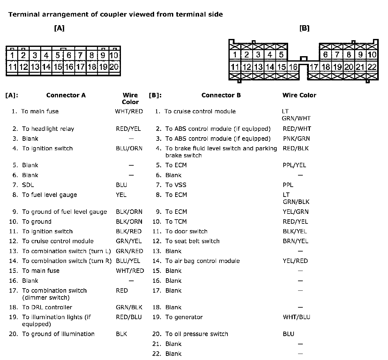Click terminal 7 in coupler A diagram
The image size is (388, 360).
pos(80,56)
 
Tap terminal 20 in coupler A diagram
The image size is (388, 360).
pos(114,67)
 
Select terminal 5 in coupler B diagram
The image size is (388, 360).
pos(281,55)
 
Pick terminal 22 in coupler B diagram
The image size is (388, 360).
pos(372,67)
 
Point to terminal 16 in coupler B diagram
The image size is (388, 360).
pos(293,67)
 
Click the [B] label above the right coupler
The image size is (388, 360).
pos(304,28)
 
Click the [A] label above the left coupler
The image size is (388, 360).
pos(59,28)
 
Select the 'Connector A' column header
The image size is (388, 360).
pos(66,95)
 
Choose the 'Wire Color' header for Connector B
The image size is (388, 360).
pos(299,95)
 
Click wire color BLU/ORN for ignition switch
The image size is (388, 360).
pos(129,148)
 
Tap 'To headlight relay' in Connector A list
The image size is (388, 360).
pos(48,129)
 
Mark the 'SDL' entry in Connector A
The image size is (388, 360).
pos(28,185)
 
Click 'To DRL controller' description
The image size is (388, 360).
pos(47,307)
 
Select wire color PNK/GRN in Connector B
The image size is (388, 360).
pos(296,139)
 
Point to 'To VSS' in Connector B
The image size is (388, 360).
pos(175,185)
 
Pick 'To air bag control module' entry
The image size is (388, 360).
pos(202,261)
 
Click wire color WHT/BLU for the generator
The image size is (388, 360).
pos(296,317)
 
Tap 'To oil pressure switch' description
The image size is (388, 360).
pos(197,334)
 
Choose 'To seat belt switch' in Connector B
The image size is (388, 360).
pos(192,241)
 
